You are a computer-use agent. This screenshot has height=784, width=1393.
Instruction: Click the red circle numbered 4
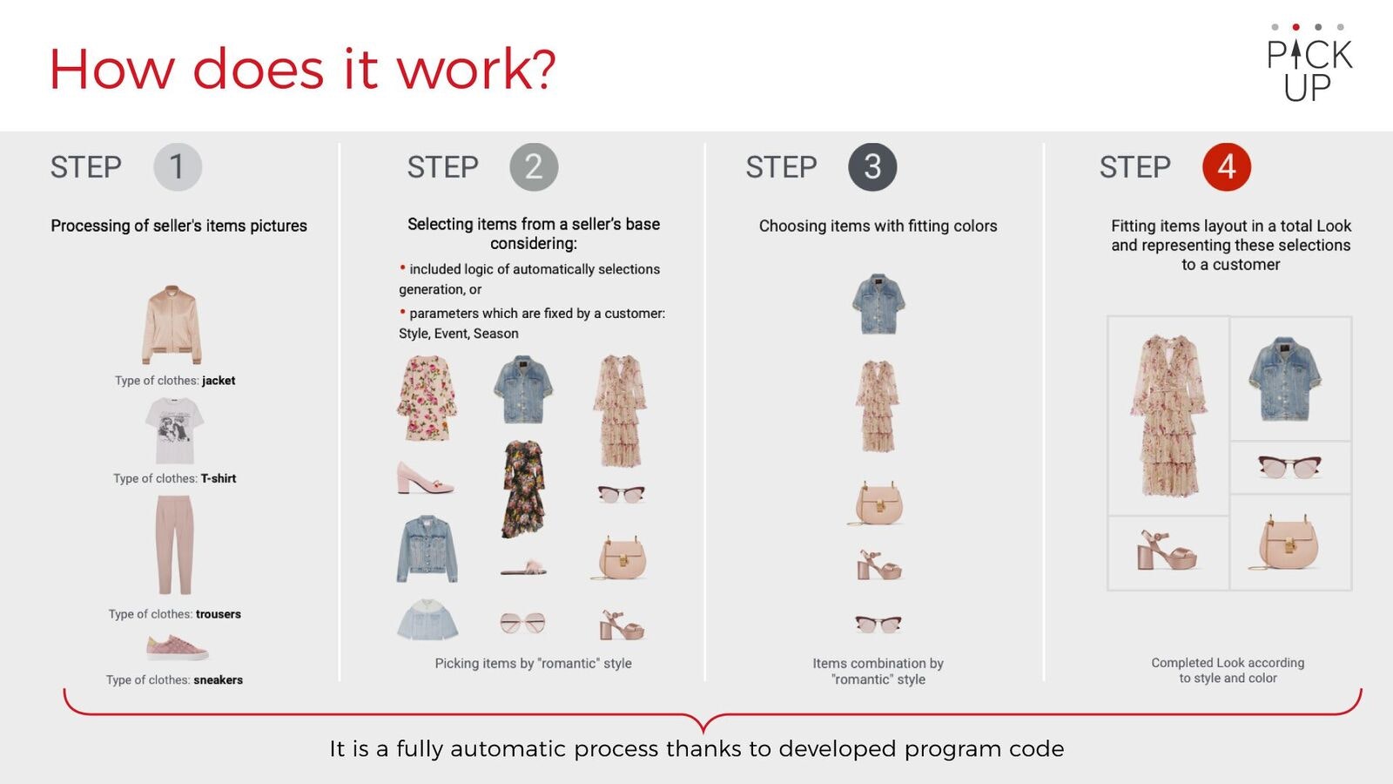click(x=1227, y=166)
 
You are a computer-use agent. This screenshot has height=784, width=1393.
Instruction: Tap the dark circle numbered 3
click(x=872, y=166)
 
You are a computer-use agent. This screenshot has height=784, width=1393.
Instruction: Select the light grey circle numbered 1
click(x=178, y=166)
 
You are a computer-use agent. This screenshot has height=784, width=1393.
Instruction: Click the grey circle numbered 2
click(x=534, y=166)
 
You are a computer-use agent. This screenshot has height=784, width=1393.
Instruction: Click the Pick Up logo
click(x=1309, y=62)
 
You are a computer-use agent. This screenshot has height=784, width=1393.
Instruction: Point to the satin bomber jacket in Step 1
click(x=172, y=324)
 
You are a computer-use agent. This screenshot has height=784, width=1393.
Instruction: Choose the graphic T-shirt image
click(x=174, y=430)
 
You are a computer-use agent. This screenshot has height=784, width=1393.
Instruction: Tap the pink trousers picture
click(x=174, y=544)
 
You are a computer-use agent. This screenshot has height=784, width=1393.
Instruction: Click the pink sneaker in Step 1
click(x=178, y=648)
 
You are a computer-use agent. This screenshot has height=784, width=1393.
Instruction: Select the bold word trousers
click(x=219, y=614)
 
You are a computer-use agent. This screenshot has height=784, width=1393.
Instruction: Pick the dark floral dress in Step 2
click(x=523, y=489)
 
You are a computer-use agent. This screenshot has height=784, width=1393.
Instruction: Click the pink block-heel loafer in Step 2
click(x=425, y=478)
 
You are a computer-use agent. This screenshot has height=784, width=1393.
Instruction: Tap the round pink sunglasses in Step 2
click(x=523, y=623)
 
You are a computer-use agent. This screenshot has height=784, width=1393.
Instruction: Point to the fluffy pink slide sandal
click(x=524, y=567)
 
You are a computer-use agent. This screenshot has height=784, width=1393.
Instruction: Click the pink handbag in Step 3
click(x=878, y=503)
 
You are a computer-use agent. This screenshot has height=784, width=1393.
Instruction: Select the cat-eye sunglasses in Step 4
click(x=1289, y=467)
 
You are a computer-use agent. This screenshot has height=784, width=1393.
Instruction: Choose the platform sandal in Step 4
click(x=1167, y=551)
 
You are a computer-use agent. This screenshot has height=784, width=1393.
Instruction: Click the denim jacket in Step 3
click(x=878, y=304)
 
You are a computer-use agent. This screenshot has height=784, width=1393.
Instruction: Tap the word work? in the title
click(x=476, y=69)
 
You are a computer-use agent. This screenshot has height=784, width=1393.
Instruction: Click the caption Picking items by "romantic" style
click(x=533, y=663)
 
